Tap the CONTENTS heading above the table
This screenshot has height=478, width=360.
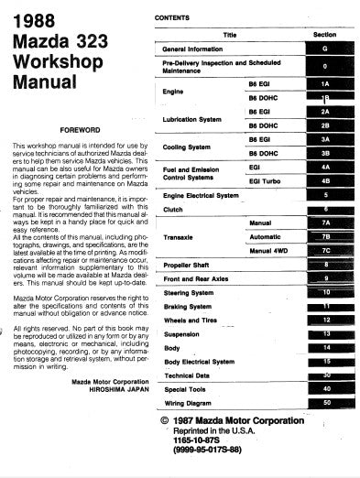tap(174, 17)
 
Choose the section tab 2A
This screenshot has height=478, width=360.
tap(326, 112)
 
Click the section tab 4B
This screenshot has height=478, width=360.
tap(326, 180)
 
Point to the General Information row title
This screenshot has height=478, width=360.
tap(194, 49)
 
